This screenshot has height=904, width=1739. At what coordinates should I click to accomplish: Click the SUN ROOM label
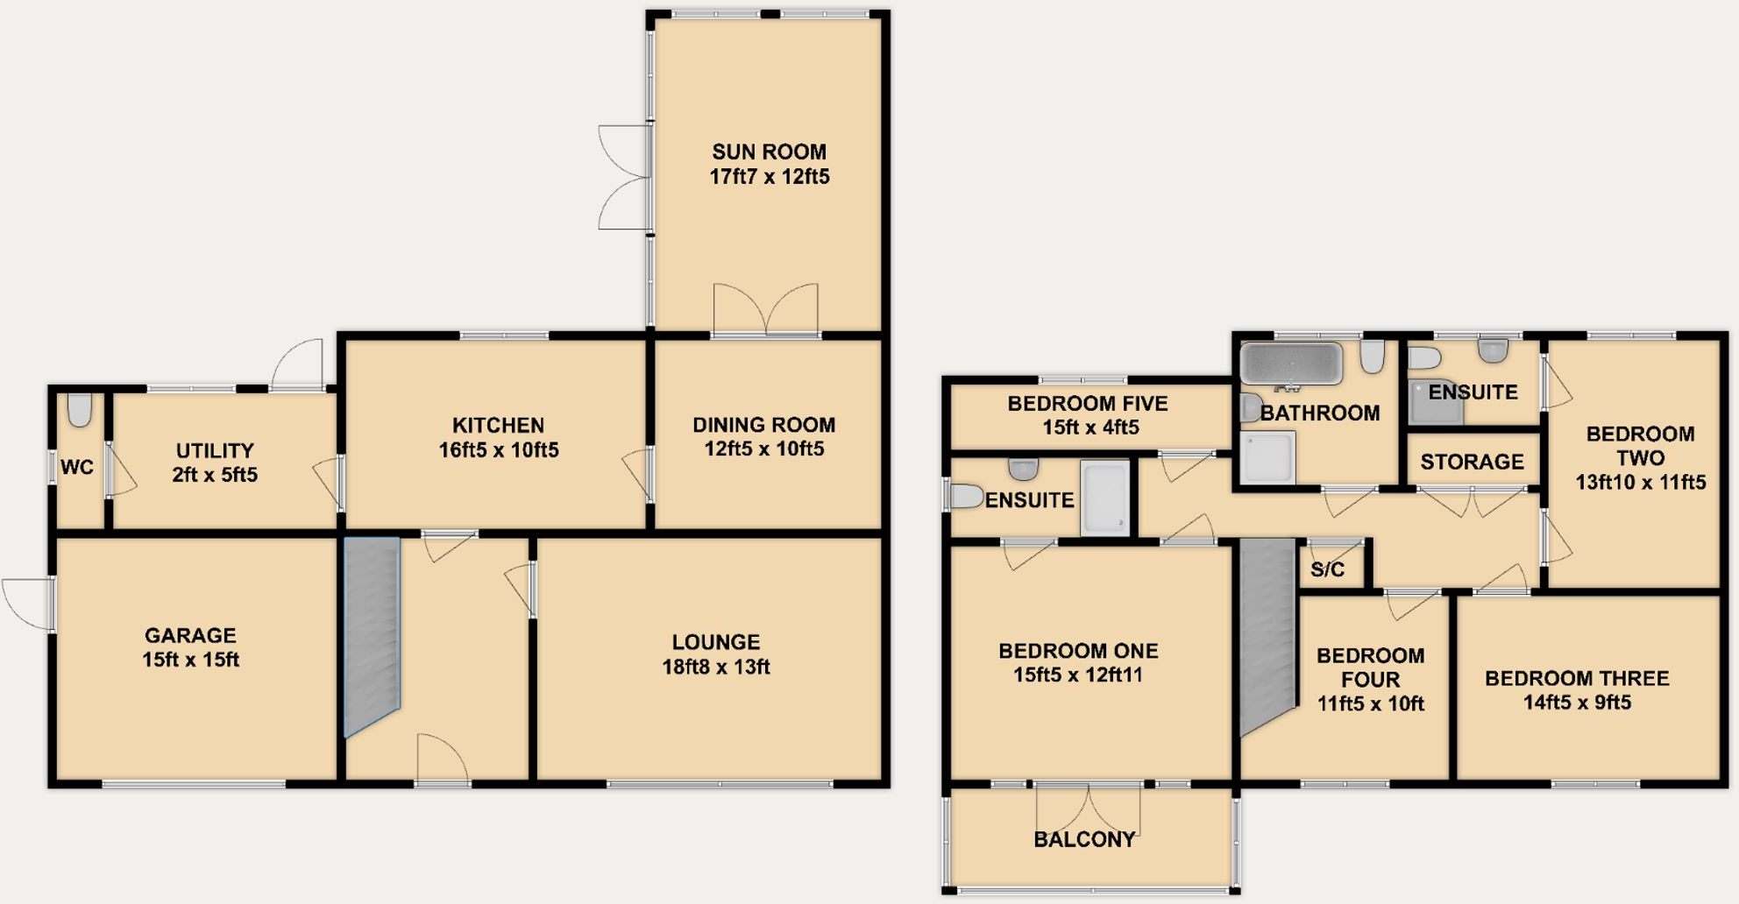769,152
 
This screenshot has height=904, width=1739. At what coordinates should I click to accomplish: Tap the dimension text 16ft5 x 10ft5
498,449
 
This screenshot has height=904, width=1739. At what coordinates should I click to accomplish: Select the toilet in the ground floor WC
80,409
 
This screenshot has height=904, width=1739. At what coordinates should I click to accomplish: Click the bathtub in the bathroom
1290,363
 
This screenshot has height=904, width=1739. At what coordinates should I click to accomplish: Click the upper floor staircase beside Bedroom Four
1267,634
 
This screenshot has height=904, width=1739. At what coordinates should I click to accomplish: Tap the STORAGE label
1472,462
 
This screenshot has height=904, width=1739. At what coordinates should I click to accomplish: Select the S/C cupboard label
1327,569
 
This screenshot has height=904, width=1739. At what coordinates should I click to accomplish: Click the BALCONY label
1084,839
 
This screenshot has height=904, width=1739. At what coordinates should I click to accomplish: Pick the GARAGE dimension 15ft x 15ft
190,660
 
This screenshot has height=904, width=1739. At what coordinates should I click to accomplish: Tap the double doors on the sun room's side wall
624,177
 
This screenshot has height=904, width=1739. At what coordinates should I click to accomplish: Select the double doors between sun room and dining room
765,310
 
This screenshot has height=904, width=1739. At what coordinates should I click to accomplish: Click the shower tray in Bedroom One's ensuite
1104,498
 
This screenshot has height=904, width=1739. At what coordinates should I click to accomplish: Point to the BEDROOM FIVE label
1087,404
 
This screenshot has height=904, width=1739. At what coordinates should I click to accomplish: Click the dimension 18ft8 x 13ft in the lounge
715,667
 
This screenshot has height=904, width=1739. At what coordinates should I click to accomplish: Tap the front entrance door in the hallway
442,759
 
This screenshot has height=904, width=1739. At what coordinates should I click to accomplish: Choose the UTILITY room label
215,450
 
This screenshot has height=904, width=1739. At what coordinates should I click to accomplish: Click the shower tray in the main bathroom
1267,457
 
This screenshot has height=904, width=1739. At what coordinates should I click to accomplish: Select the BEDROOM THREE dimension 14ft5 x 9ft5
1576,702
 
